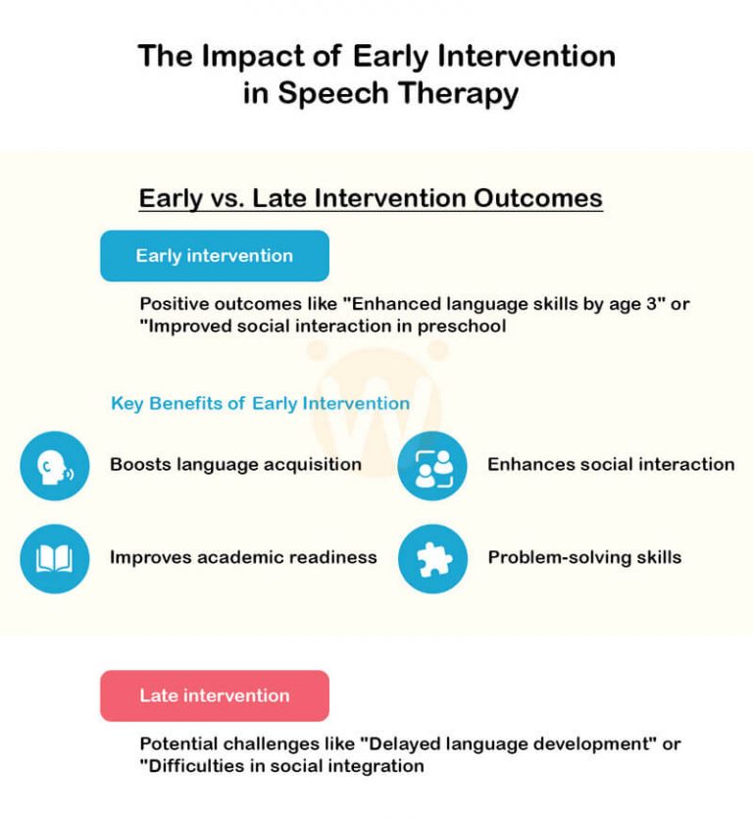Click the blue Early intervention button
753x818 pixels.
tap(214, 256)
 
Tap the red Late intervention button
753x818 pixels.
tap(214, 695)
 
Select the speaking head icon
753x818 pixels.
tap(55, 466)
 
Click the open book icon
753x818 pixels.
tap(55, 558)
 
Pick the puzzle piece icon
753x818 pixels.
tap(432, 558)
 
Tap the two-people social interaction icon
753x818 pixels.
tap(432, 466)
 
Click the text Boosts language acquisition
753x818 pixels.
tap(235, 464)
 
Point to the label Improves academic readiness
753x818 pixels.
tap(243, 557)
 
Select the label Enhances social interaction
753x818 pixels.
tap(610, 464)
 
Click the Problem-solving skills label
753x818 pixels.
tap(584, 557)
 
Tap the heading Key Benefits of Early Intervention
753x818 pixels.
tap(260, 403)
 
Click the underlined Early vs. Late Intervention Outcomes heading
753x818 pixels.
tap(371, 198)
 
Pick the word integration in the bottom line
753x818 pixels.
tap(376, 765)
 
